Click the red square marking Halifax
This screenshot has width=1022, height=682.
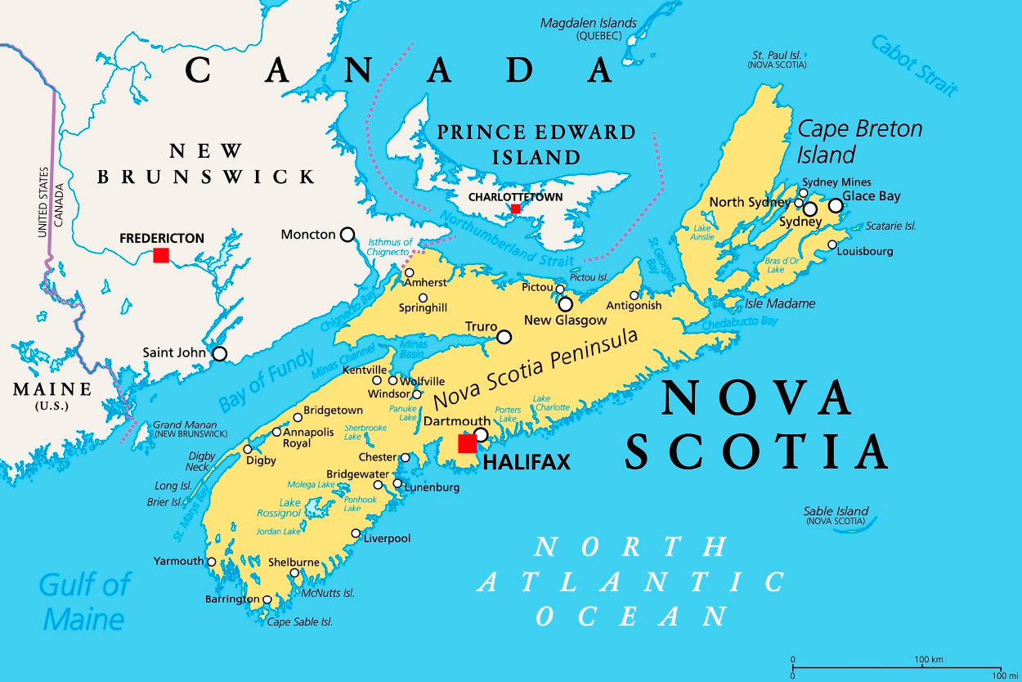[x=467, y=444]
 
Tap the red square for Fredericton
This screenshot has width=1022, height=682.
[x=161, y=255]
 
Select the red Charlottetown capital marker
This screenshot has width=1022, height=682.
[x=515, y=209]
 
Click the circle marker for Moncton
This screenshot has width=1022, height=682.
[x=347, y=235]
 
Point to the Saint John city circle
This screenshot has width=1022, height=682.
[x=219, y=353]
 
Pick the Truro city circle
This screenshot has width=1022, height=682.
[x=504, y=336]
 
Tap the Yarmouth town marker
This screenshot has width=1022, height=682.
[x=212, y=562]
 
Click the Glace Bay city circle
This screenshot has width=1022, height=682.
[x=835, y=205]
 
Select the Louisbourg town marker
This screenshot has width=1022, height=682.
[x=832, y=245]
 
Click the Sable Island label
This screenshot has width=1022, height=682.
[x=835, y=511]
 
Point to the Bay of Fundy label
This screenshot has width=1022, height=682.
[x=266, y=380]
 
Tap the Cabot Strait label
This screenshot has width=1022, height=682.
[x=913, y=65]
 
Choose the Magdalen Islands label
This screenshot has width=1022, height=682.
[x=588, y=23]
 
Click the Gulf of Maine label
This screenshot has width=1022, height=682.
[x=84, y=601]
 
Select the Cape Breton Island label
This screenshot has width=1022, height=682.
[x=858, y=141]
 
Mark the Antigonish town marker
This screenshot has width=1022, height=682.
[x=634, y=295]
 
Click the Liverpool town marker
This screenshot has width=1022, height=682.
[x=356, y=534]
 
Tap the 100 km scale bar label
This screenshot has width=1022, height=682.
[x=929, y=659]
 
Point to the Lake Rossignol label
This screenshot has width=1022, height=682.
[x=278, y=508]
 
